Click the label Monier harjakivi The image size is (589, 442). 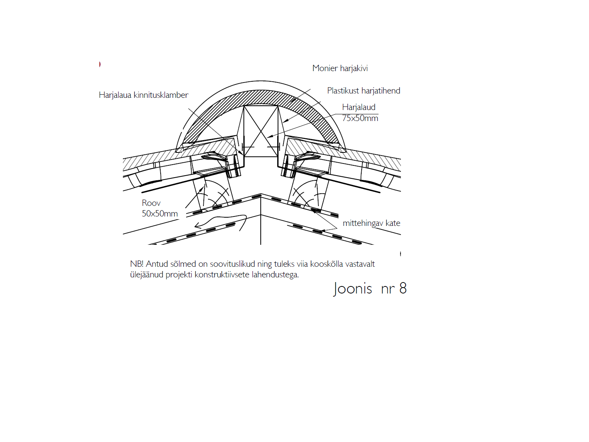[340, 68]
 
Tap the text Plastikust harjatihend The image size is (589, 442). [364, 91]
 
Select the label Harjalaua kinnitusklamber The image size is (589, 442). [144, 95]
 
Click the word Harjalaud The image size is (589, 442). [359, 107]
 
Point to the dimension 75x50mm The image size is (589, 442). [360, 118]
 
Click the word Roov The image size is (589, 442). [151, 203]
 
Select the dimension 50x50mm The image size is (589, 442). [160, 214]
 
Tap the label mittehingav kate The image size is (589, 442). [371, 223]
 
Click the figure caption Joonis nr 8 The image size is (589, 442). [370, 288]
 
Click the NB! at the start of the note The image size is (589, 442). [137, 264]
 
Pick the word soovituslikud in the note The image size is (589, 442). [232, 264]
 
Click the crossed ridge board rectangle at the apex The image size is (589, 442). [261, 131]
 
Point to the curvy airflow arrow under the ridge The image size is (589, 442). [221, 222]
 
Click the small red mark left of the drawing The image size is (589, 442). [100, 64]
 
